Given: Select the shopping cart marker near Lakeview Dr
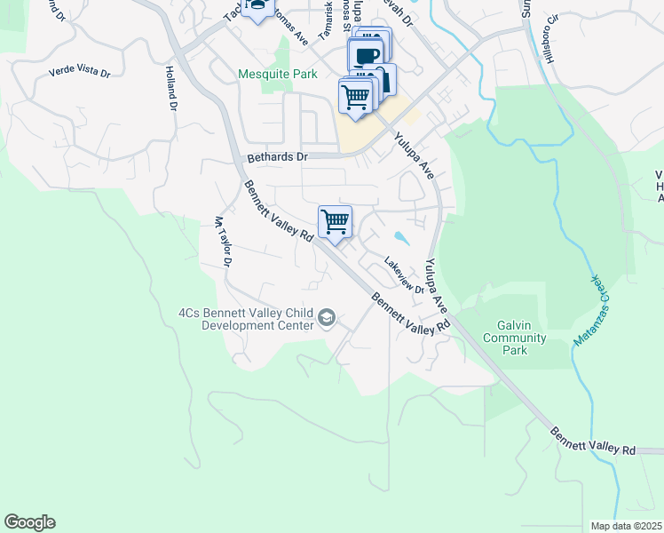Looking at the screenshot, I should tap(335, 221).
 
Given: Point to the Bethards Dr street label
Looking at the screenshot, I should tap(277, 157).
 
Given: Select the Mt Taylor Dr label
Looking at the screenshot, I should tap(222, 242).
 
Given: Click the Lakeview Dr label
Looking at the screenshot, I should tap(404, 275).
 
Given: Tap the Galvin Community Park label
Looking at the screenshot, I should tap(514, 337).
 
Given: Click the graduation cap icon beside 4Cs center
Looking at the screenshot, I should tap(327, 318).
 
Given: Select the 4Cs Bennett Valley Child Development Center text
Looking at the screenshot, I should tap(246, 319).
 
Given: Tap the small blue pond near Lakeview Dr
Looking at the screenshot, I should tap(400, 237).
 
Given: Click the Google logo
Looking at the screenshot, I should tap(29, 522).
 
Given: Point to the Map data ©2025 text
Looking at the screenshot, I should tap(626, 526).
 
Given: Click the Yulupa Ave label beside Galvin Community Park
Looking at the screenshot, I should tap(436, 284).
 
